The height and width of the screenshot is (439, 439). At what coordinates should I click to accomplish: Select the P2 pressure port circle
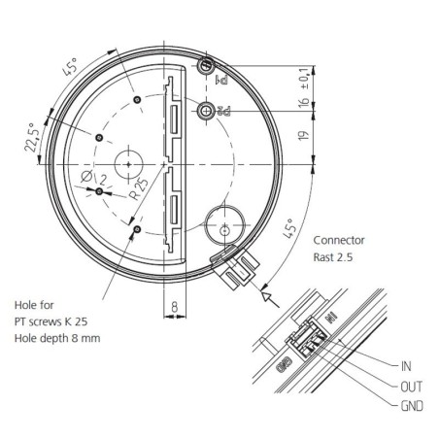(206, 113)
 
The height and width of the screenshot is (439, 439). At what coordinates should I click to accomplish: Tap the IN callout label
(407, 367)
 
